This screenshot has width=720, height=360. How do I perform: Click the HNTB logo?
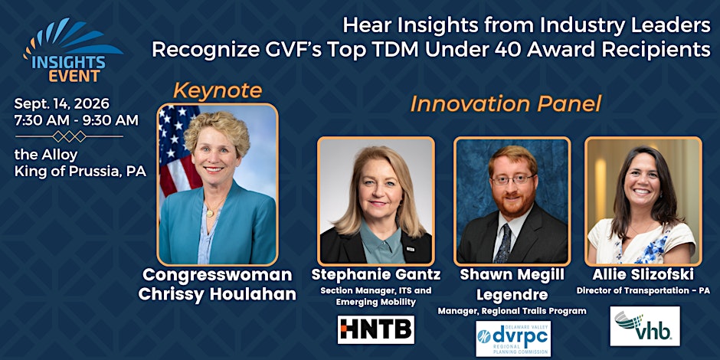tap(376, 329)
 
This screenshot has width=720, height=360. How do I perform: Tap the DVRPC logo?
tap(513, 339)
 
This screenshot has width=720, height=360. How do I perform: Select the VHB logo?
tap(645, 326)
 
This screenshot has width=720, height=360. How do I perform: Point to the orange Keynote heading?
tap(218, 91)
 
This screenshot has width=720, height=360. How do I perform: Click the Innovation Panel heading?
tap(506, 103)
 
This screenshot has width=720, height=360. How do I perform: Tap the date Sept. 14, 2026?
tap(61, 103)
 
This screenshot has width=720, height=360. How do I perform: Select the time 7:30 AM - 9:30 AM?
tap(77, 120)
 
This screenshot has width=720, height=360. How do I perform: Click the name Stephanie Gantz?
tap(376, 274)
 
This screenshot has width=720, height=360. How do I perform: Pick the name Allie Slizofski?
tap(643, 274)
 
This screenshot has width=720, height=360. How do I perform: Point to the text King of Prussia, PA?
tap(80, 172)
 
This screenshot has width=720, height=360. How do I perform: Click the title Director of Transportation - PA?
tap(643, 290)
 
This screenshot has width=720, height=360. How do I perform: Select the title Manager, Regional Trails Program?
tap(512, 311)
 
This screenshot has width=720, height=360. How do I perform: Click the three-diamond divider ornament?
tap(69, 136)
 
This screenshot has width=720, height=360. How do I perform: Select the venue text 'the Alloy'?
tap(46, 155)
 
